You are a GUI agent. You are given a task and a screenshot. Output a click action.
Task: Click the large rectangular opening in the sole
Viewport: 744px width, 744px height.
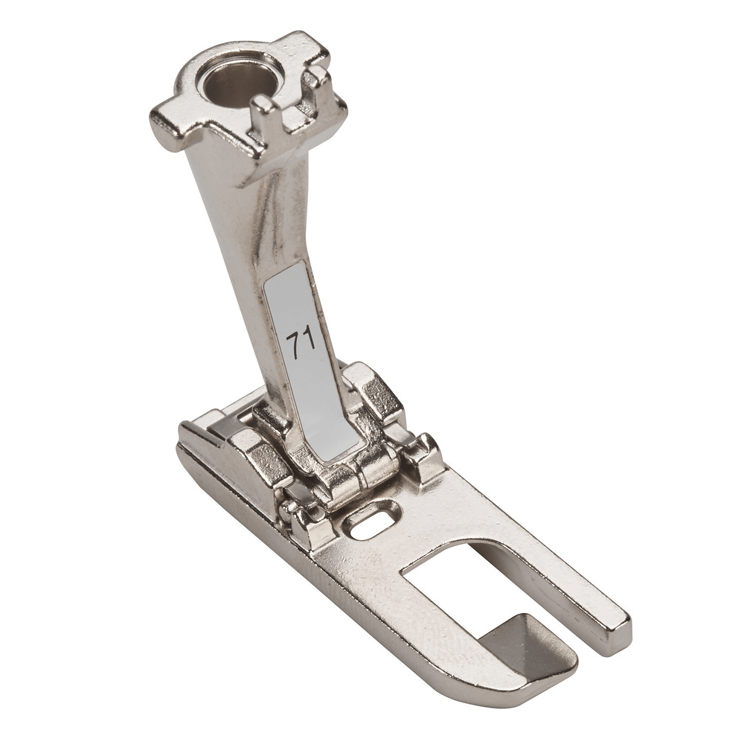point(461,588)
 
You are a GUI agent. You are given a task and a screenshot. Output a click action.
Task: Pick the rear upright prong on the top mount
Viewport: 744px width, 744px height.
point(317,79)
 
